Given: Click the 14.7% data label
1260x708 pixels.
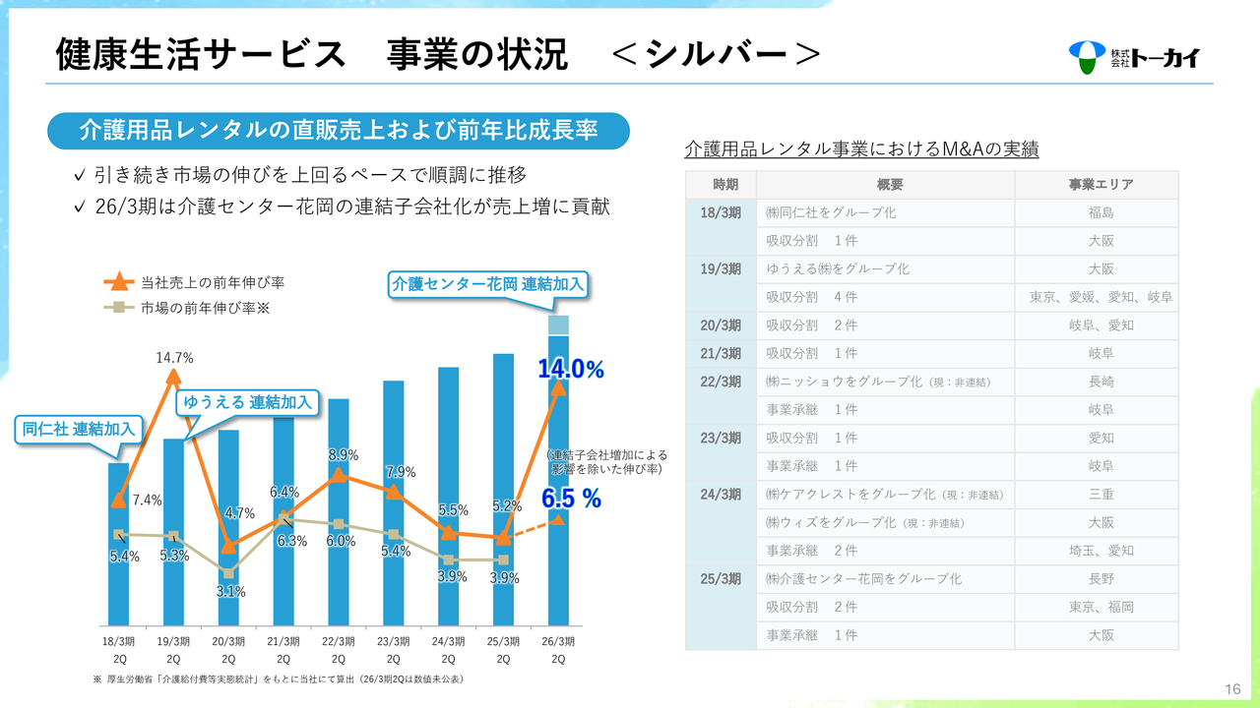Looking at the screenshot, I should point(174,357).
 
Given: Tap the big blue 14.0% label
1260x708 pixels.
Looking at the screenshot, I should point(570,369).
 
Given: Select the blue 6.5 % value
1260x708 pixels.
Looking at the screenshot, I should point(571,499).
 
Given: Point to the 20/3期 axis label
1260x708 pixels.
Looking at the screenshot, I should point(228,649).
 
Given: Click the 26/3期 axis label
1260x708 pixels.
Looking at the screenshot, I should point(558,649).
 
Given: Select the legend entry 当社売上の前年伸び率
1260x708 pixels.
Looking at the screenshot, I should point(213,282).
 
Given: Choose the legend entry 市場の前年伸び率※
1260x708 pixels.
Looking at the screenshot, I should point(205,308).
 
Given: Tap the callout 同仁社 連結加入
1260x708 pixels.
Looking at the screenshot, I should point(79,429).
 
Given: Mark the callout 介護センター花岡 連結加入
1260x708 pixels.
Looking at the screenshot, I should point(488,283).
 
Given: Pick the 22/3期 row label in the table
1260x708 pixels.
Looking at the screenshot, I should point(721,382).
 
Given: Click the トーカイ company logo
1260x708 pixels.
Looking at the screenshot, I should point(1134,57).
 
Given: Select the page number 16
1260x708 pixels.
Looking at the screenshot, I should point(1232,688).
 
